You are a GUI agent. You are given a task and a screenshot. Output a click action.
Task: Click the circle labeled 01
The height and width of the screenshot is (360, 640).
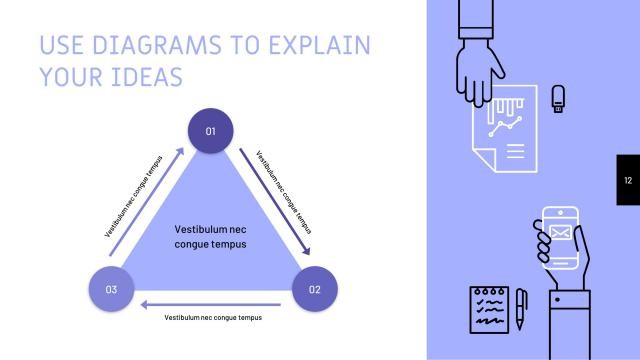pos(211,131)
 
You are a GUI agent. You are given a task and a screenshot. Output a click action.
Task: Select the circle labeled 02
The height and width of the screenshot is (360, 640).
pos(315,290)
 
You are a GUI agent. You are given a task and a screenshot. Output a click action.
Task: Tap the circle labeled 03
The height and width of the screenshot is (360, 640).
pos(111,290)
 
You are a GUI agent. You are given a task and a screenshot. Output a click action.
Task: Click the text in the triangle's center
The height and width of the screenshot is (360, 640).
pos(210,236)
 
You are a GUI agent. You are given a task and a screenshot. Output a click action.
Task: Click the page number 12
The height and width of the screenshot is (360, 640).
pos(628,180)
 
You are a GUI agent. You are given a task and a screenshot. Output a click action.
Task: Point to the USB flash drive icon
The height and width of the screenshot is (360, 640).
pos(559,97)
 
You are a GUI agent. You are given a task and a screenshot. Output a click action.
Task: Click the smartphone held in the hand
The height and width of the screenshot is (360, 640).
pos(561,237)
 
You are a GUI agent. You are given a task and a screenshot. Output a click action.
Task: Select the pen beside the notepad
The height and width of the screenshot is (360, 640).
pos(521,311)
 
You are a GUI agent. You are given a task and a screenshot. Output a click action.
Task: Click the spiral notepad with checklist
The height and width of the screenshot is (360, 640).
pos(489,309)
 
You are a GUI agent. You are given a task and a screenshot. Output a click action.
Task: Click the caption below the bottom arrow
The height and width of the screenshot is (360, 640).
pos(213,317)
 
